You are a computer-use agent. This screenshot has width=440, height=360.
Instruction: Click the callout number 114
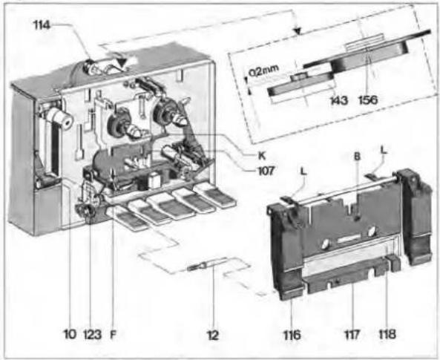click(42, 25)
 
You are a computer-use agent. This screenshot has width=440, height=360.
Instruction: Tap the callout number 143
click(339, 100)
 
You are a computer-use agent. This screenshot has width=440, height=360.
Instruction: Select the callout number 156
click(368, 100)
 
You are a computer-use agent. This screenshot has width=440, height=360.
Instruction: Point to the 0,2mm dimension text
click(263, 71)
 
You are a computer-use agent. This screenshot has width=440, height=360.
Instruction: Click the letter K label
click(261, 156)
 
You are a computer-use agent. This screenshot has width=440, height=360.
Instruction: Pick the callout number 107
click(266, 171)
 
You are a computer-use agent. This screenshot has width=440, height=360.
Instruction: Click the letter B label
click(357, 157)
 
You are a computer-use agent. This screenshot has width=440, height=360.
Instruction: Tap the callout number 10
click(70, 334)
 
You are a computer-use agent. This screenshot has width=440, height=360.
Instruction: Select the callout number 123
click(92, 335)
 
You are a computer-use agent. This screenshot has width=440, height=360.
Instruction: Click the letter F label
click(113, 335)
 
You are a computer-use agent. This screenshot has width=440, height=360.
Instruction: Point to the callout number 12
click(213, 335)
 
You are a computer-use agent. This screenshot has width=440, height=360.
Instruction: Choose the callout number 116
click(292, 335)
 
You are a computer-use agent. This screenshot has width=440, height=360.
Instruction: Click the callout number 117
click(352, 335)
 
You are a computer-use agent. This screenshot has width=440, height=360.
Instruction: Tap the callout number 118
click(387, 335)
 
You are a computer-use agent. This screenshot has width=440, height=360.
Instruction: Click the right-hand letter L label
click(384, 150)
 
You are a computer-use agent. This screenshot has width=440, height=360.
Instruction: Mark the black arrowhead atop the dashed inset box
click(298, 31)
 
